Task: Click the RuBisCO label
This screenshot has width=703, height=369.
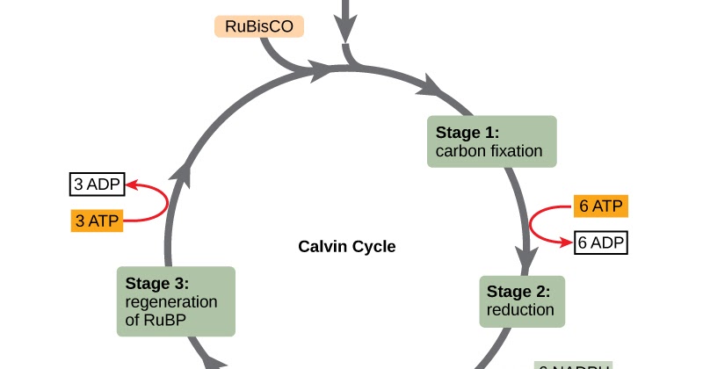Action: (259, 26)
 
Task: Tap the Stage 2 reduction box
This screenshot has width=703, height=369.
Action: (521, 300)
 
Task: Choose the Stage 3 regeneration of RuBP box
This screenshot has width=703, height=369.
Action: (176, 301)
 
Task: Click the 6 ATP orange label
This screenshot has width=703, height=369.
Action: (601, 206)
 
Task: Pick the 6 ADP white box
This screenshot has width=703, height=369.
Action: (601, 242)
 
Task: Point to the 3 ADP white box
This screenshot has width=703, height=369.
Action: (97, 184)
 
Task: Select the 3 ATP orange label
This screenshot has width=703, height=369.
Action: (97, 221)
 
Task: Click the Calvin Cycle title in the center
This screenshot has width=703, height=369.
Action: (347, 247)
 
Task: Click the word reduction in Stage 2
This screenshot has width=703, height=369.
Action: (521, 309)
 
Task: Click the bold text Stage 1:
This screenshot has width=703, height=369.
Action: (467, 132)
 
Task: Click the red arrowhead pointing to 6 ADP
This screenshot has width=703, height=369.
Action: (567, 242)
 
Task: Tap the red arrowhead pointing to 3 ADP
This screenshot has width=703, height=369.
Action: (133, 184)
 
